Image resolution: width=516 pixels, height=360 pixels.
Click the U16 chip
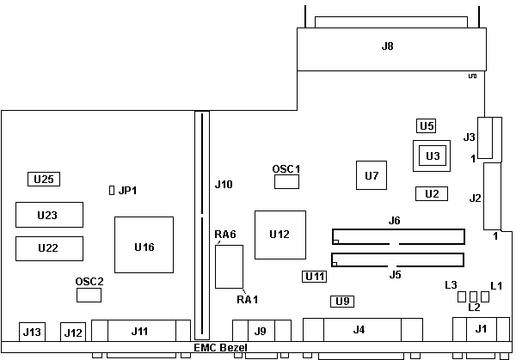(144, 246)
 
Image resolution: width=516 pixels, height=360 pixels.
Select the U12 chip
(279, 234)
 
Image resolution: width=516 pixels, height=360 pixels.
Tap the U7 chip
(372, 175)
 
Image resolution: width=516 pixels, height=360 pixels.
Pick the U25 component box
(43, 179)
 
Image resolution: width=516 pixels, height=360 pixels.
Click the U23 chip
(48, 214)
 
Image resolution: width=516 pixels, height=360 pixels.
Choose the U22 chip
(48, 247)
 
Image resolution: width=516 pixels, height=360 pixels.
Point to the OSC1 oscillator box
(286, 182)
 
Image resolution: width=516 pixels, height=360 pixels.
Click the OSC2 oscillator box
(89, 295)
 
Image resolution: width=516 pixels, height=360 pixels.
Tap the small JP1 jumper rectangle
(111, 190)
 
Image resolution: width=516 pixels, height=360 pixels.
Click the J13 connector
(32, 332)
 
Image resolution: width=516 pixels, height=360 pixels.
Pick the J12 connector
(73, 332)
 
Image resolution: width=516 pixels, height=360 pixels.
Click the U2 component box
(431, 193)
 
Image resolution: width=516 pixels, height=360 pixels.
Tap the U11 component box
(316, 277)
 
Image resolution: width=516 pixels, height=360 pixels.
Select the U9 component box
(343, 301)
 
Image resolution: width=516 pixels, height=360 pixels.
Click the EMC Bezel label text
(220, 348)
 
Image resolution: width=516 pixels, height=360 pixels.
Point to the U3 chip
(432, 156)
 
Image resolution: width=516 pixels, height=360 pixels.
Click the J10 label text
(224, 184)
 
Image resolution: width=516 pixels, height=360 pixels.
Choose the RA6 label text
(225, 234)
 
